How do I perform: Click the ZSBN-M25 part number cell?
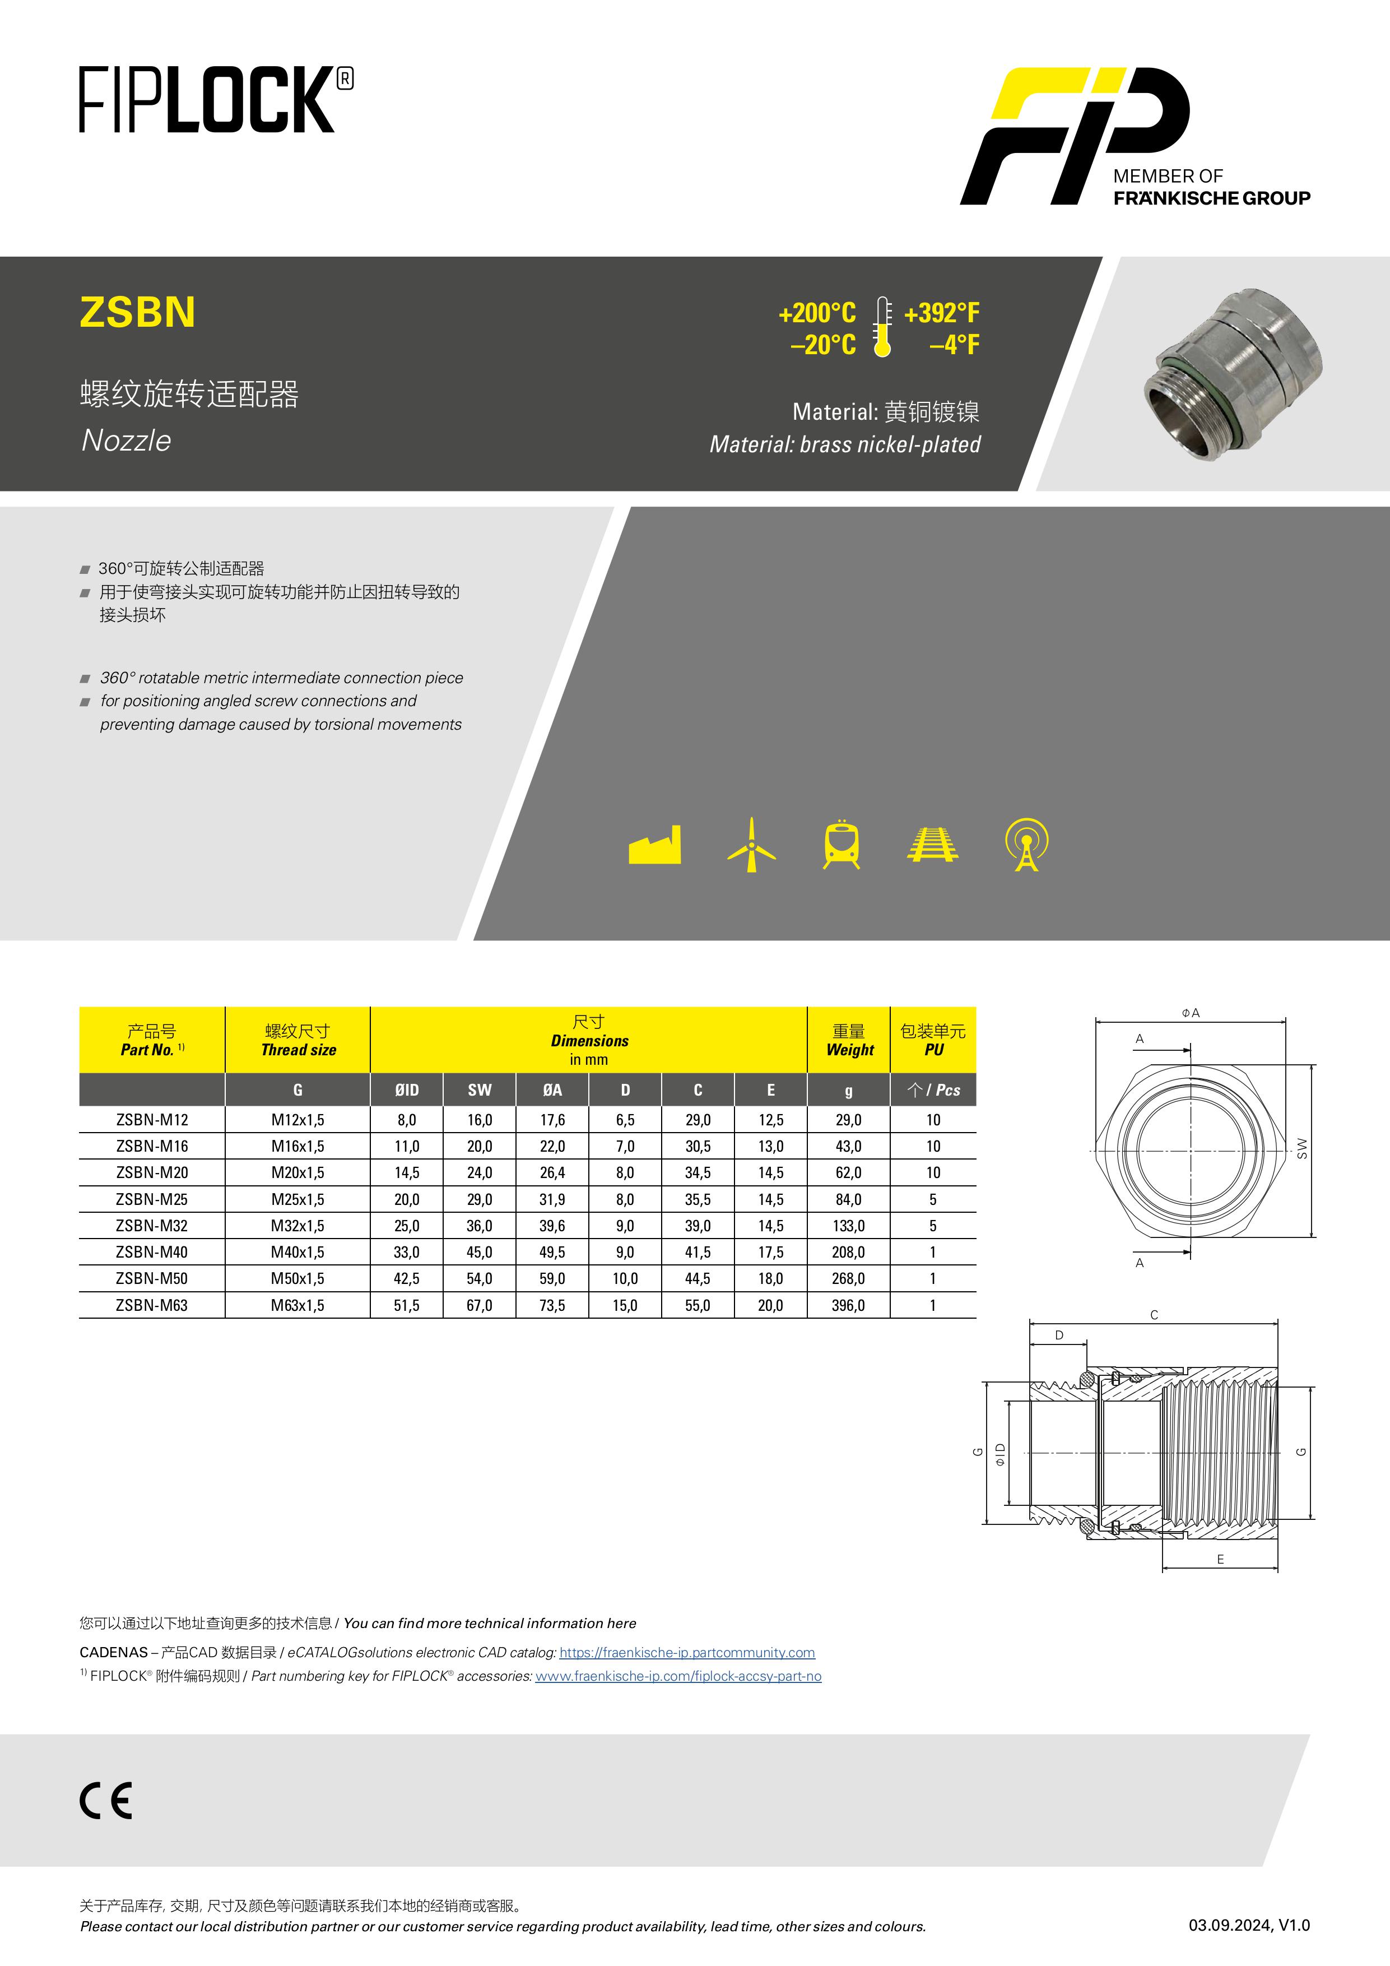pos(151,1199)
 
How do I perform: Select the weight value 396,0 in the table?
pos(848,1305)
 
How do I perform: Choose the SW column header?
pos(480,1090)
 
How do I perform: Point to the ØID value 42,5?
pos(407,1278)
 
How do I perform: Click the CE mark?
pos(106,1800)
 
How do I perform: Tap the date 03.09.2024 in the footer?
pos(1229,1925)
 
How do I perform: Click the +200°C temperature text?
pos(816,313)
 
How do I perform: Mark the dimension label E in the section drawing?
pos(1221,1559)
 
